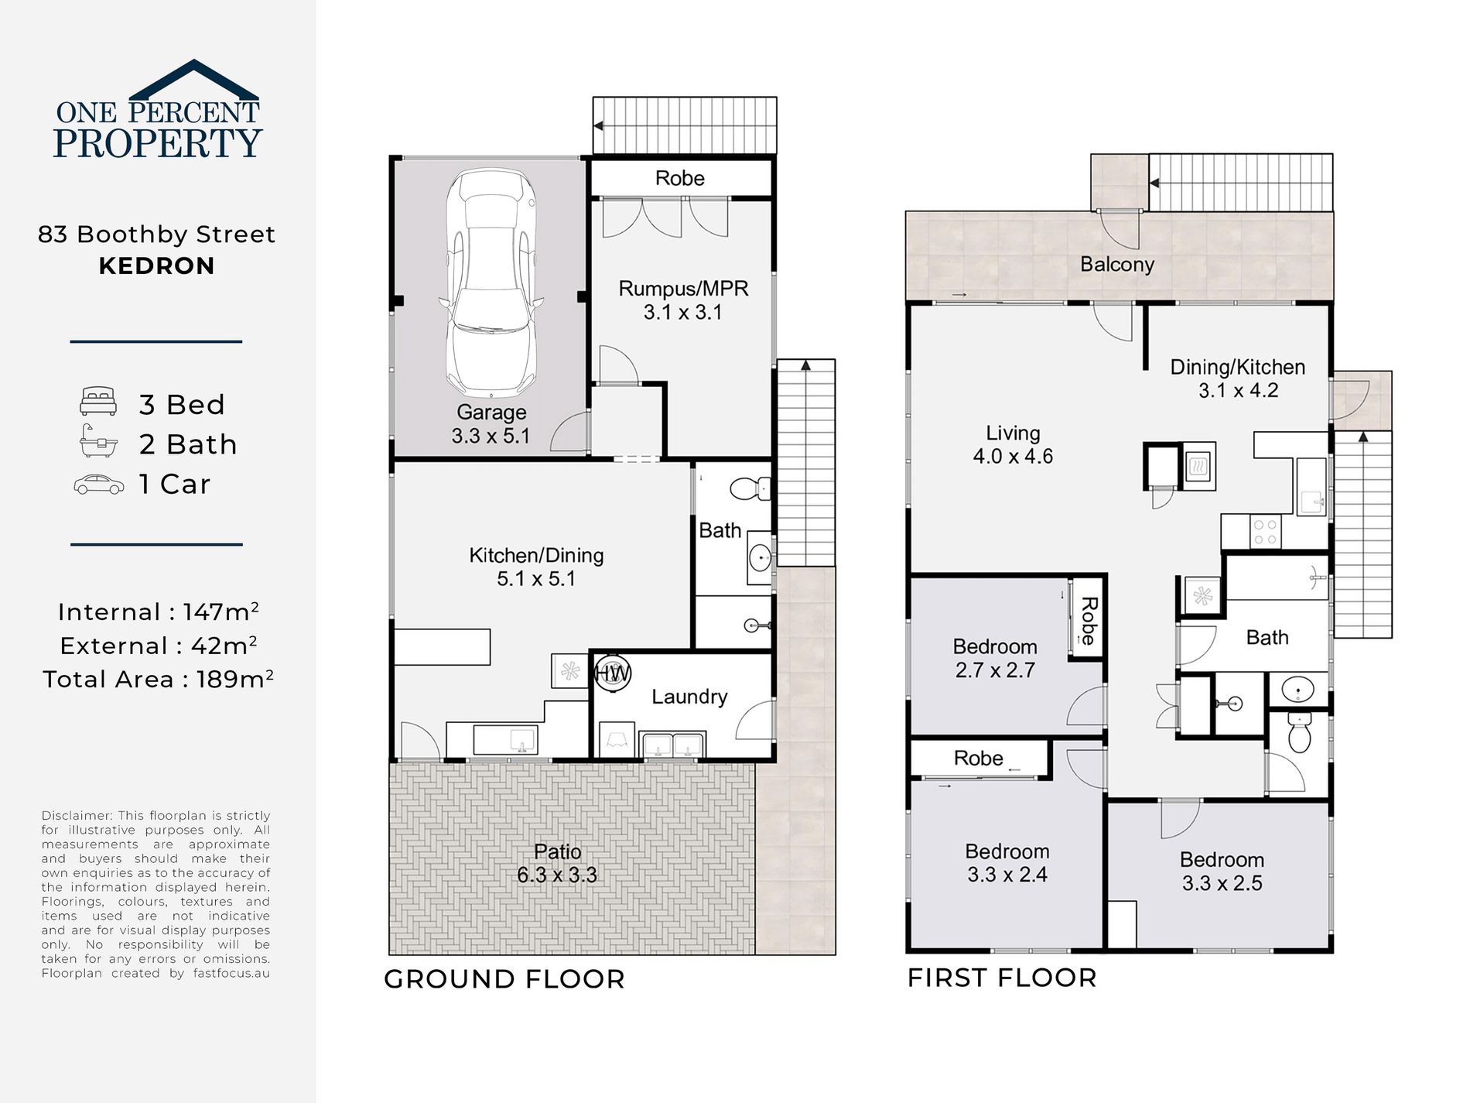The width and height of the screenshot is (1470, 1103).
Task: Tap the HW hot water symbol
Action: [612, 673]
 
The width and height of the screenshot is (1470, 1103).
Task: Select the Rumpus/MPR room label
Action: [683, 300]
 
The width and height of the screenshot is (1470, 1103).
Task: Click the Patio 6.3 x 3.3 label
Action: [557, 863]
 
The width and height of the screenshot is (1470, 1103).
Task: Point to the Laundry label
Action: [689, 697]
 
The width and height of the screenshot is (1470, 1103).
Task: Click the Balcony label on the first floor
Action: [1117, 265]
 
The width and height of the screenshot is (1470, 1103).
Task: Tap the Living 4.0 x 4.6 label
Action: [1013, 444]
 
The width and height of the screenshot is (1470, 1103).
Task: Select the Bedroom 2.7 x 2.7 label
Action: [995, 658]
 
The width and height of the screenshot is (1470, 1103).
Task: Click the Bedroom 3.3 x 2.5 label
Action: [1222, 872]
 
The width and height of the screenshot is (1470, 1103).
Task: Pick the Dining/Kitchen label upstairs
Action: [1238, 379]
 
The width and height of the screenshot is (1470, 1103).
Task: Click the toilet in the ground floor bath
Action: [750, 488]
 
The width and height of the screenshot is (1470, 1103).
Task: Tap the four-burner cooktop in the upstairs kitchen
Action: [1265, 532]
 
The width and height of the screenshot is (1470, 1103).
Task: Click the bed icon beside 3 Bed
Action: [98, 402]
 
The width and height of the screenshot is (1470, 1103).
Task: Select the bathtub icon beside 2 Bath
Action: [98, 441]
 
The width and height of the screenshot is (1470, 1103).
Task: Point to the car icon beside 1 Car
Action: [98, 485]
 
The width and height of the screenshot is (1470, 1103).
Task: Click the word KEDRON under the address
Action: [157, 266]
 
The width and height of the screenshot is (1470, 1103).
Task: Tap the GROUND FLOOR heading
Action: [504, 979]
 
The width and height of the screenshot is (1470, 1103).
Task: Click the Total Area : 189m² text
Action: [158, 679]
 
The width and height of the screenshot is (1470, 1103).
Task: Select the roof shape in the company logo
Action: [193, 80]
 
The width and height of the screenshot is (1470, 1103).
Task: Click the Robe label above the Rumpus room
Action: [680, 179]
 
